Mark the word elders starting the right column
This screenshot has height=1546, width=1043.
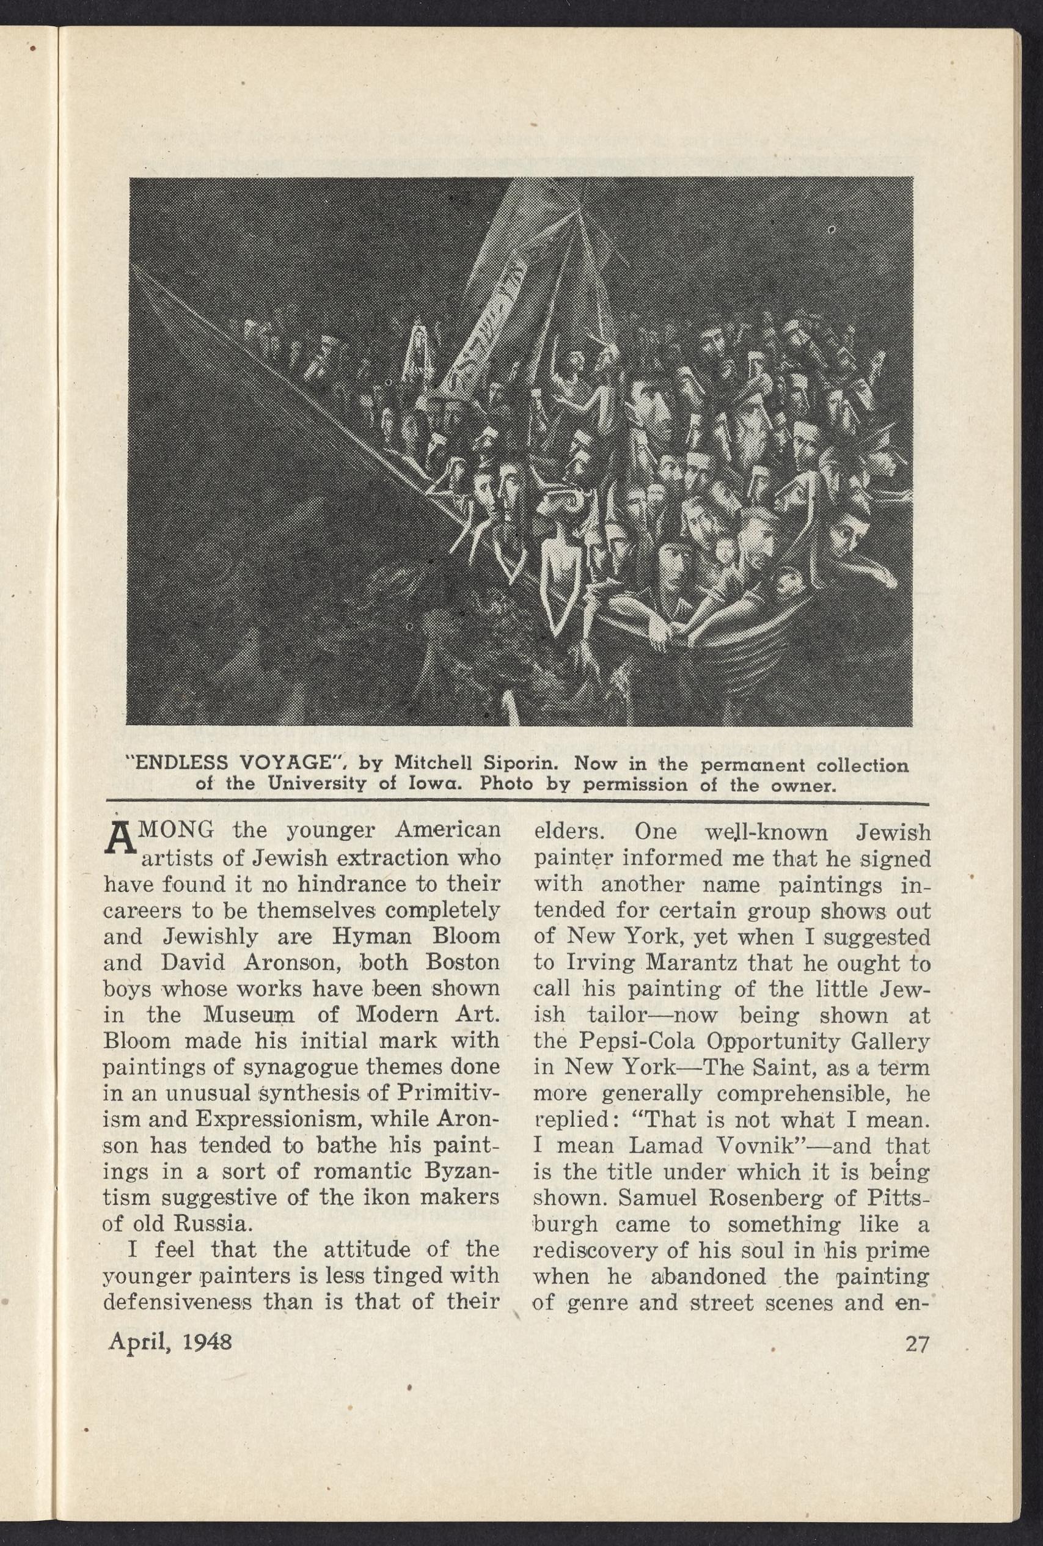(566, 833)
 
